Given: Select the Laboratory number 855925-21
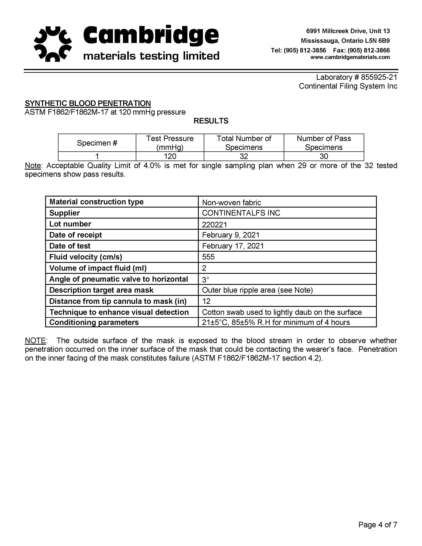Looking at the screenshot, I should click(x=379, y=77).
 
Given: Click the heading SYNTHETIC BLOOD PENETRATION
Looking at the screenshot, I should click(x=88, y=103).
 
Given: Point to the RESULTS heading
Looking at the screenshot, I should click(x=211, y=121).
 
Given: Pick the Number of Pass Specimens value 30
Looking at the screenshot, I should click(x=324, y=156).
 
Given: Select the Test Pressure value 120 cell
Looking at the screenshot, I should click(x=170, y=156).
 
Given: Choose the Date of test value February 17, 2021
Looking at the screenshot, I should click(x=233, y=246).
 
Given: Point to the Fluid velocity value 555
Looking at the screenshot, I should click(x=208, y=257).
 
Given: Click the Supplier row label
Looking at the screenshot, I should click(x=64, y=213).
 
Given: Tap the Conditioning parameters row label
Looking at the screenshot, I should click(x=94, y=322).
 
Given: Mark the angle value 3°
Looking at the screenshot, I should click(x=205, y=279).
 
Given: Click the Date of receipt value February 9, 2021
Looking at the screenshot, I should click(x=231, y=235).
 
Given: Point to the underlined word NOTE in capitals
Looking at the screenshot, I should click(x=35, y=340).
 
